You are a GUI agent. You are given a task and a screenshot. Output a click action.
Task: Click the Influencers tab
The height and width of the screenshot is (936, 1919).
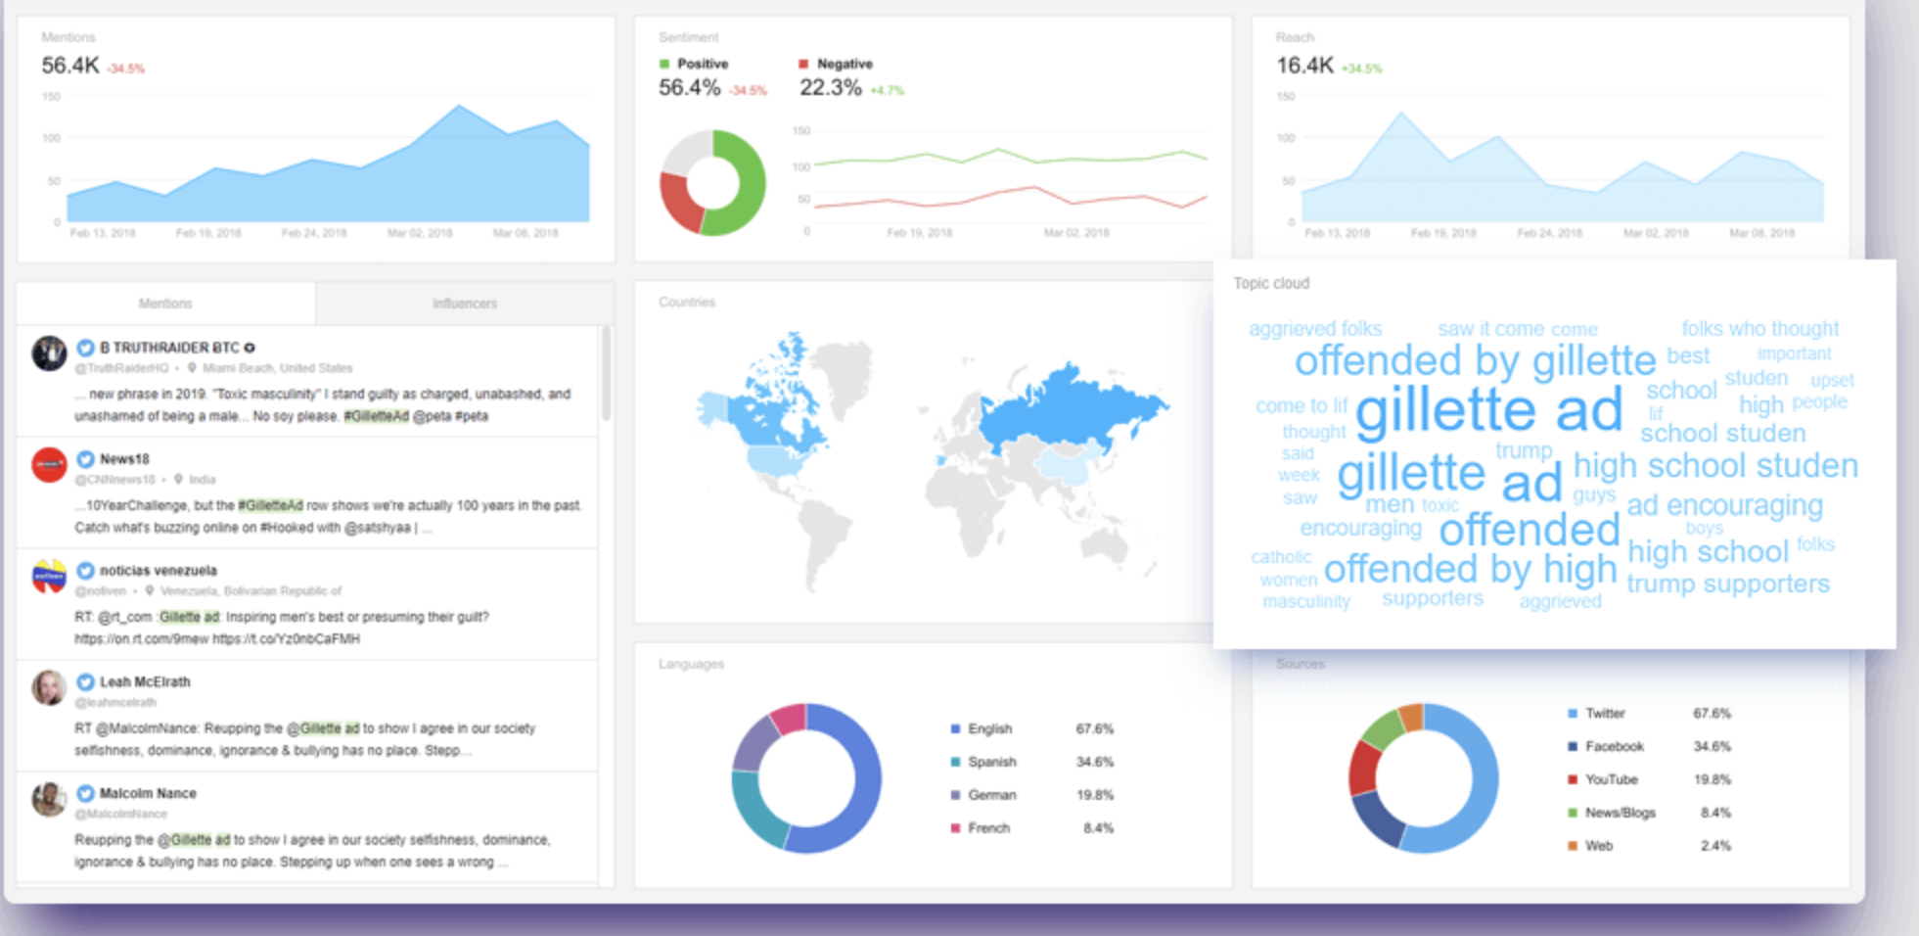coord(464,304)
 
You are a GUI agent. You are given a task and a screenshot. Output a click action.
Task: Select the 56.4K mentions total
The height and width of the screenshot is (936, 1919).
coord(70,66)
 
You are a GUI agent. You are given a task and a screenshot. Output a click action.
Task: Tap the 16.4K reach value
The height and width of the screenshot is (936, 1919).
coord(1304,66)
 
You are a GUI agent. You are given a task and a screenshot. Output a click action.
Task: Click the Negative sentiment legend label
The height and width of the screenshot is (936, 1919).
coord(844,64)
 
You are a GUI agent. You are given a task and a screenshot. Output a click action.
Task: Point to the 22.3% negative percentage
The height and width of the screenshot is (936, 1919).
coord(830,88)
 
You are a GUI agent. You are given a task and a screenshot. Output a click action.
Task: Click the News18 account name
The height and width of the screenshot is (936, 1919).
coord(124,458)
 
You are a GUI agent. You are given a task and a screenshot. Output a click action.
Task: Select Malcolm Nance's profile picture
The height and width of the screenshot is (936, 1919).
coord(48,799)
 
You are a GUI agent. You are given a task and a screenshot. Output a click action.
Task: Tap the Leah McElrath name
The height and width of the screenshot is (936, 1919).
coord(145,681)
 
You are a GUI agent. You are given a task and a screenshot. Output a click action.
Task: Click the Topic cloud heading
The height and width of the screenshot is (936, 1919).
coord(1270,283)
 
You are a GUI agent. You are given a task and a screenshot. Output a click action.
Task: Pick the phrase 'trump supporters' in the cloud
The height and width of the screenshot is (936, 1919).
coord(1727,584)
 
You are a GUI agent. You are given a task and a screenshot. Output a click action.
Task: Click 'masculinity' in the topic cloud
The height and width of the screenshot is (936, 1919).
coord(1305,601)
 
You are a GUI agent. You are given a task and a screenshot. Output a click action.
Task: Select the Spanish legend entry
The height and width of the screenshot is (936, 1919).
coord(991,762)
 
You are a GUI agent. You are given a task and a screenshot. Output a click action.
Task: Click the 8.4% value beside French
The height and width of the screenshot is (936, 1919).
coord(1098,828)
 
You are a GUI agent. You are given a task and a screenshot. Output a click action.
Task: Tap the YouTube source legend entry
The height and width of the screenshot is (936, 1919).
coord(1611,779)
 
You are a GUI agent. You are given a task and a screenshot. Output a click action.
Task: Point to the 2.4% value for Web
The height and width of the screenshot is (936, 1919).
coord(1715,846)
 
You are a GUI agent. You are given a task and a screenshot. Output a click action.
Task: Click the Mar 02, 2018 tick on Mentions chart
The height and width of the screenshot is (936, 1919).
coord(419,233)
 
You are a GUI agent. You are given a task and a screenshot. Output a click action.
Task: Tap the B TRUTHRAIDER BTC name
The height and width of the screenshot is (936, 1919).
coord(169,348)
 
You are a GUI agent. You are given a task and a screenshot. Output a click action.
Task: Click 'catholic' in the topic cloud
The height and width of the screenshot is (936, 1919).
coord(1280,557)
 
